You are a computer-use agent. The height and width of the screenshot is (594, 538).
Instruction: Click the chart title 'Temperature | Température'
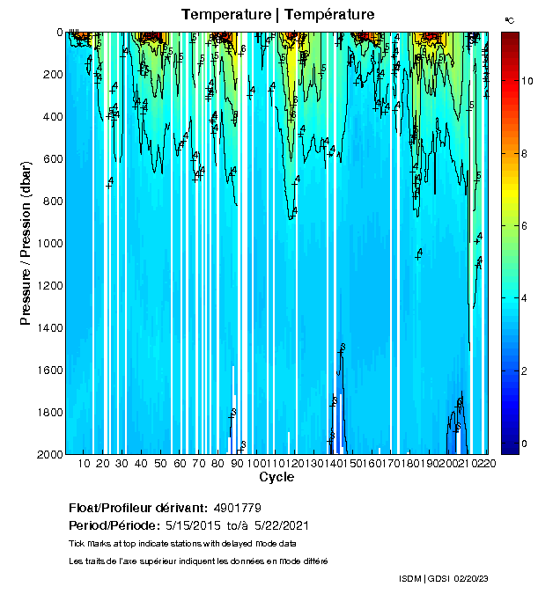278,15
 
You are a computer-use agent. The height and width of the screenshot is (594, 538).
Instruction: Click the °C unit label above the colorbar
509,19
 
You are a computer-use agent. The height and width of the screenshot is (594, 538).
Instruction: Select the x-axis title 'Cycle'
276,478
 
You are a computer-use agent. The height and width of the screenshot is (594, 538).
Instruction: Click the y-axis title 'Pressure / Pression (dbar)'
26,242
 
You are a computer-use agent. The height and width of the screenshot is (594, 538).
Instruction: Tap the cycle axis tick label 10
85,464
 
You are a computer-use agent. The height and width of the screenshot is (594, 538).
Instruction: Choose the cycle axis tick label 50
161,464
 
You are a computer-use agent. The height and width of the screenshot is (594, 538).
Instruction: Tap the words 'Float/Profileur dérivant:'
137,509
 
